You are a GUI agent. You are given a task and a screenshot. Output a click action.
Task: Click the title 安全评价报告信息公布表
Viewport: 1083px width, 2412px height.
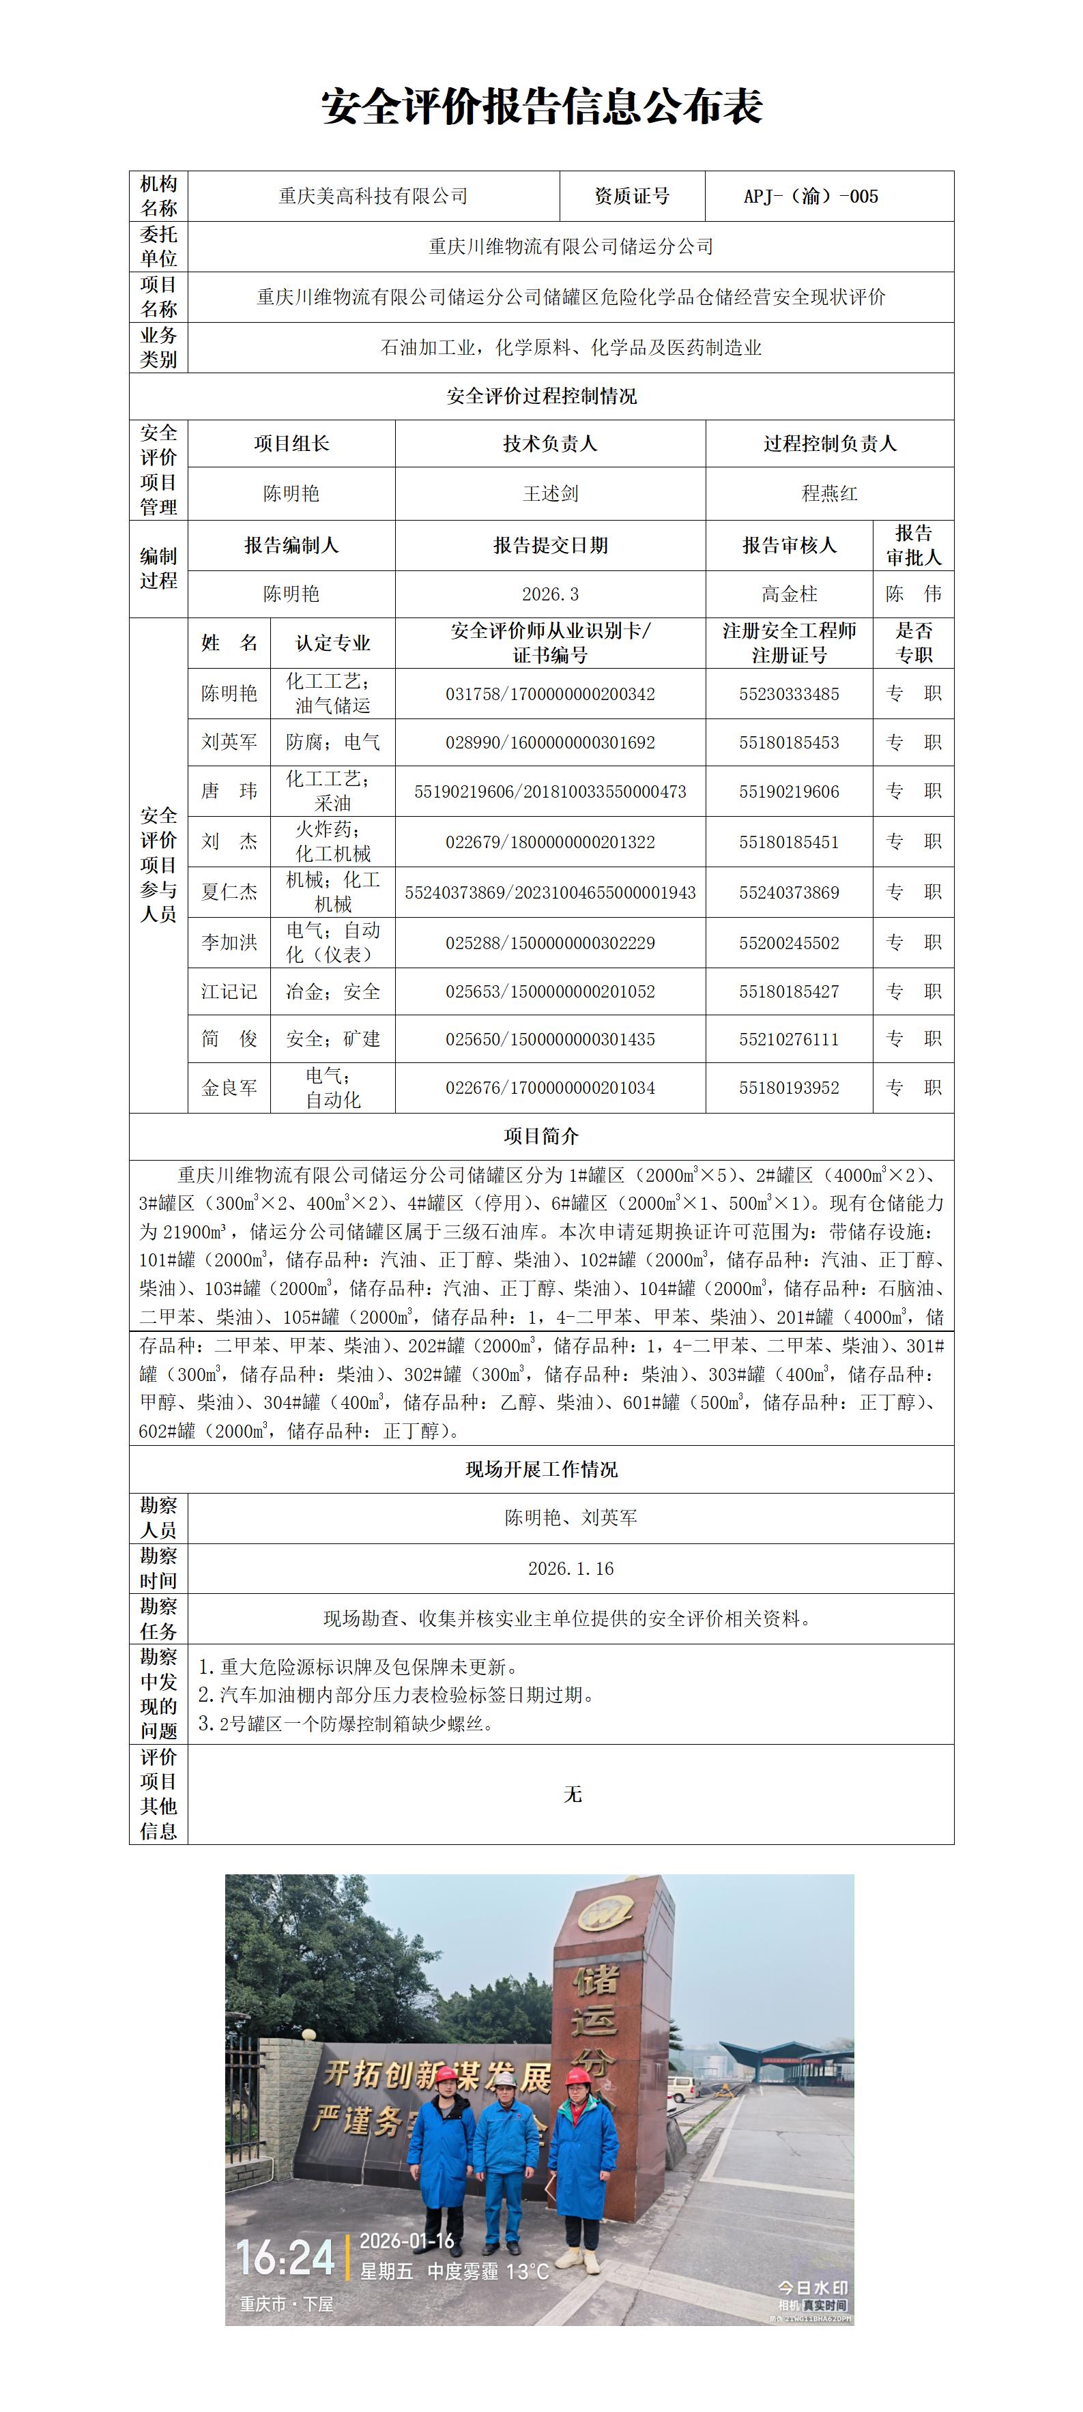point(542,106)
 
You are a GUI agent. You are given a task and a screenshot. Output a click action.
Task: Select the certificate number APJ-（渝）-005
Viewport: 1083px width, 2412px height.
point(811,197)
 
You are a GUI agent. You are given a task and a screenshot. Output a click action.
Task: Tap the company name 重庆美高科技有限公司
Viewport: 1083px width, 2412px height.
point(373,197)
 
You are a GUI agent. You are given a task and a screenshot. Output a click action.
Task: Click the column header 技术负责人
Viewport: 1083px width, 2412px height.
point(550,444)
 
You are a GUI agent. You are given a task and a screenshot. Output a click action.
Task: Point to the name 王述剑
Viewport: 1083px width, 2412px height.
point(550,493)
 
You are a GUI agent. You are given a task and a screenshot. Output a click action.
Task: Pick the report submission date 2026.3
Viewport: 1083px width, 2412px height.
point(550,594)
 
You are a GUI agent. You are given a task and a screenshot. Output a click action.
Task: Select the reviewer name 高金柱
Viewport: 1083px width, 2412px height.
point(789,594)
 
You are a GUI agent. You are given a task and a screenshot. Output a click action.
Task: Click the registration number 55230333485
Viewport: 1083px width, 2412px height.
point(789,694)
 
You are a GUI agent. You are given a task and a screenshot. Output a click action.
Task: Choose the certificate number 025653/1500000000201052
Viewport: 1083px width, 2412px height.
point(550,991)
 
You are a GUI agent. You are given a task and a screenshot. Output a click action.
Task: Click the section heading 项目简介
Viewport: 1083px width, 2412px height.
point(542,1137)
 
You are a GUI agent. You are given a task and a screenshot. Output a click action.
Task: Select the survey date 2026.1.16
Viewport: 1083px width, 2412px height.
point(571,1569)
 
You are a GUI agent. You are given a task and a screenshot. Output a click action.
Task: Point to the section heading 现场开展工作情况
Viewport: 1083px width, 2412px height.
point(542,1469)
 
